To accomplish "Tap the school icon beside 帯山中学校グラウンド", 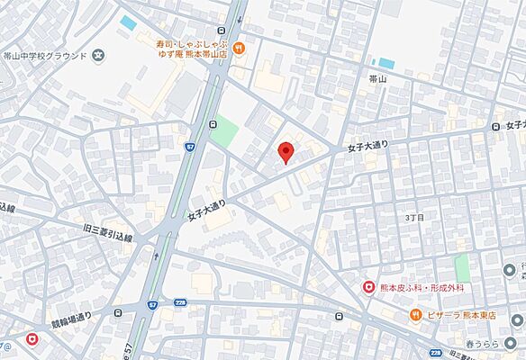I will pos(97,56).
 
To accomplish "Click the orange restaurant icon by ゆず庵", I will pos(238,49).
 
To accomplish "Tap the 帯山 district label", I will pos(378,80).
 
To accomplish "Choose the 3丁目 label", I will pos(413,217).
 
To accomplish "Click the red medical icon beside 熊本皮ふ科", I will pos(368,286).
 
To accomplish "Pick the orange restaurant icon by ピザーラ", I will pos(415,315).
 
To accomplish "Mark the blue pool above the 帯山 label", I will pos(386,64).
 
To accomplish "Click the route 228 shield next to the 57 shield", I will pos(180,303).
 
